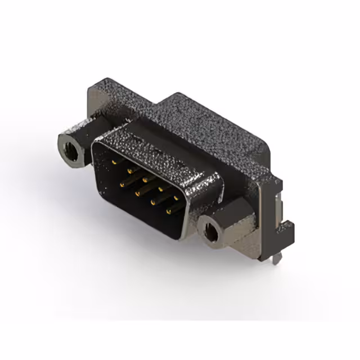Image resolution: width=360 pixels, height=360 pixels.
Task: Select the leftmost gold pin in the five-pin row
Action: tap(114, 161)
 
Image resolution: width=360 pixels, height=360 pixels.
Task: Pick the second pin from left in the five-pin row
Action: tap(130, 169)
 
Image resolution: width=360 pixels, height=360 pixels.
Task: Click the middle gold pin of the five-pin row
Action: tap(146, 179)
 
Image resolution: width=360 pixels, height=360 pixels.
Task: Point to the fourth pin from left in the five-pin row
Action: tap(161, 188)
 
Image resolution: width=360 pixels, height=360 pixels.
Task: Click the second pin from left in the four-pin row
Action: tap(137, 192)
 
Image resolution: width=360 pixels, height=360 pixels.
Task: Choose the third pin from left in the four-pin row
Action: tap(153, 201)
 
